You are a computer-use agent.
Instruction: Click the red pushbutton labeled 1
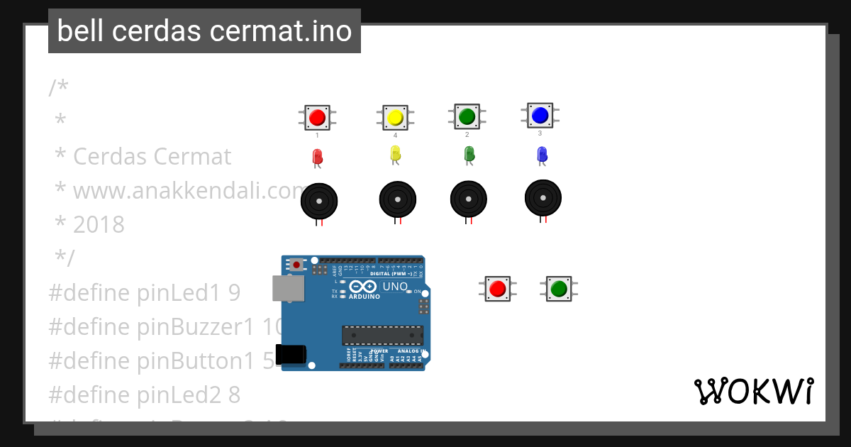click(317, 117)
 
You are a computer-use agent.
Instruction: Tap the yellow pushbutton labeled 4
click(395, 117)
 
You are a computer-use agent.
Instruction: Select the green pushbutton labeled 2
click(467, 116)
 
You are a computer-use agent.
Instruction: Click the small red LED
click(317, 157)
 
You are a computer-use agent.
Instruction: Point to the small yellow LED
click(395, 153)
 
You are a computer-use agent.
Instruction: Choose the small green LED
click(468, 153)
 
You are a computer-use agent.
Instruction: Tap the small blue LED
click(542, 153)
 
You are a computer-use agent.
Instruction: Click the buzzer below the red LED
click(319, 202)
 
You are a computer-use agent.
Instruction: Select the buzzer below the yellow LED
click(397, 200)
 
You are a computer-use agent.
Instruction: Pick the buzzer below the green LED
click(468, 199)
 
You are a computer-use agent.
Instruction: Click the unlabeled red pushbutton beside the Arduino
click(497, 289)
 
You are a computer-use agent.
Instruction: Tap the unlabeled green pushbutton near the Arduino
click(558, 289)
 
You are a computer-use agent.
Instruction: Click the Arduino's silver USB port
click(288, 288)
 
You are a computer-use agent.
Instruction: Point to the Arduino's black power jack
click(291, 354)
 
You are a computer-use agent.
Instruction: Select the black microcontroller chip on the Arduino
click(382, 336)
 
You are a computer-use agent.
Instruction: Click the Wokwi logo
click(753, 391)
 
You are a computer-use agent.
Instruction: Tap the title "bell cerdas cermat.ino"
click(204, 31)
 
